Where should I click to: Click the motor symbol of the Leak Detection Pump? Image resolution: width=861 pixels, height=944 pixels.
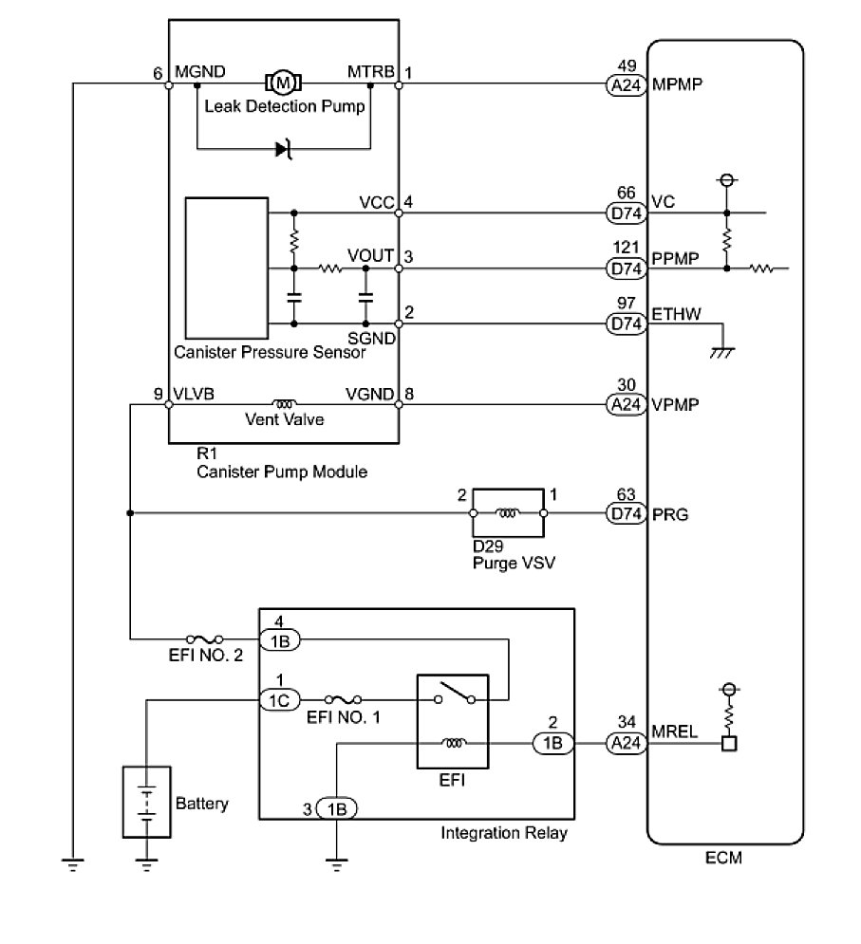(x=283, y=83)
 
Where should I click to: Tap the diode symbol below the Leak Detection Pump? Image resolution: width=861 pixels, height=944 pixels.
(x=283, y=149)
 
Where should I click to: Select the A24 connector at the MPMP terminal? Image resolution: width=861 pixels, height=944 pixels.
(x=626, y=85)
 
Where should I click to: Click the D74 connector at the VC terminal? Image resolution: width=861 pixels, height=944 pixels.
(x=626, y=213)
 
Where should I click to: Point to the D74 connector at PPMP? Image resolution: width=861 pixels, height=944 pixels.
(x=626, y=268)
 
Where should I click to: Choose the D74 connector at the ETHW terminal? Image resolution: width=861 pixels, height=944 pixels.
(x=626, y=324)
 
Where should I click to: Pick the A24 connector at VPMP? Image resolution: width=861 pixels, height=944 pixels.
(x=626, y=404)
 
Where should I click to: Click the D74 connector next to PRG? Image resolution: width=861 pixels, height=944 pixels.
(x=626, y=513)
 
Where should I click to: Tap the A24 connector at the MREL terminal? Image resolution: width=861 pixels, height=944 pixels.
(x=626, y=744)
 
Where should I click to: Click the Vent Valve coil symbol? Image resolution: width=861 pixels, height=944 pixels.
(x=284, y=404)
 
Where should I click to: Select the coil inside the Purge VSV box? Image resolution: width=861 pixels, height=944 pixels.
(x=507, y=513)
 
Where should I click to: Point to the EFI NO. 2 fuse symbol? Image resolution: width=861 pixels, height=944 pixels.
(x=205, y=639)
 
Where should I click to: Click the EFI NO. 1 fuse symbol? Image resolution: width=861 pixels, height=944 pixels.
(x=343, y=699)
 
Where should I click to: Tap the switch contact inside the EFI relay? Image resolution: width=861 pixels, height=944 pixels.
(x=455, y=693)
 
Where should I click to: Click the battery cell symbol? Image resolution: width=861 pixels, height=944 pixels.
(x=146, y=802)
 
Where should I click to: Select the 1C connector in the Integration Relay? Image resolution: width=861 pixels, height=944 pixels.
(x=280, y=700)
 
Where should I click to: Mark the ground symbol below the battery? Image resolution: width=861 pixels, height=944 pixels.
(x=146, y=865)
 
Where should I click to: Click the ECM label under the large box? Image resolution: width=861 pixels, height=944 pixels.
(x=723, y=858)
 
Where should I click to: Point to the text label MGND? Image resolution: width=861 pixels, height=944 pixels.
(x=200, y=72)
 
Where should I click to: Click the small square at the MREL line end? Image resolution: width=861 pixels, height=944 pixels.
(x=729, y=744)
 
